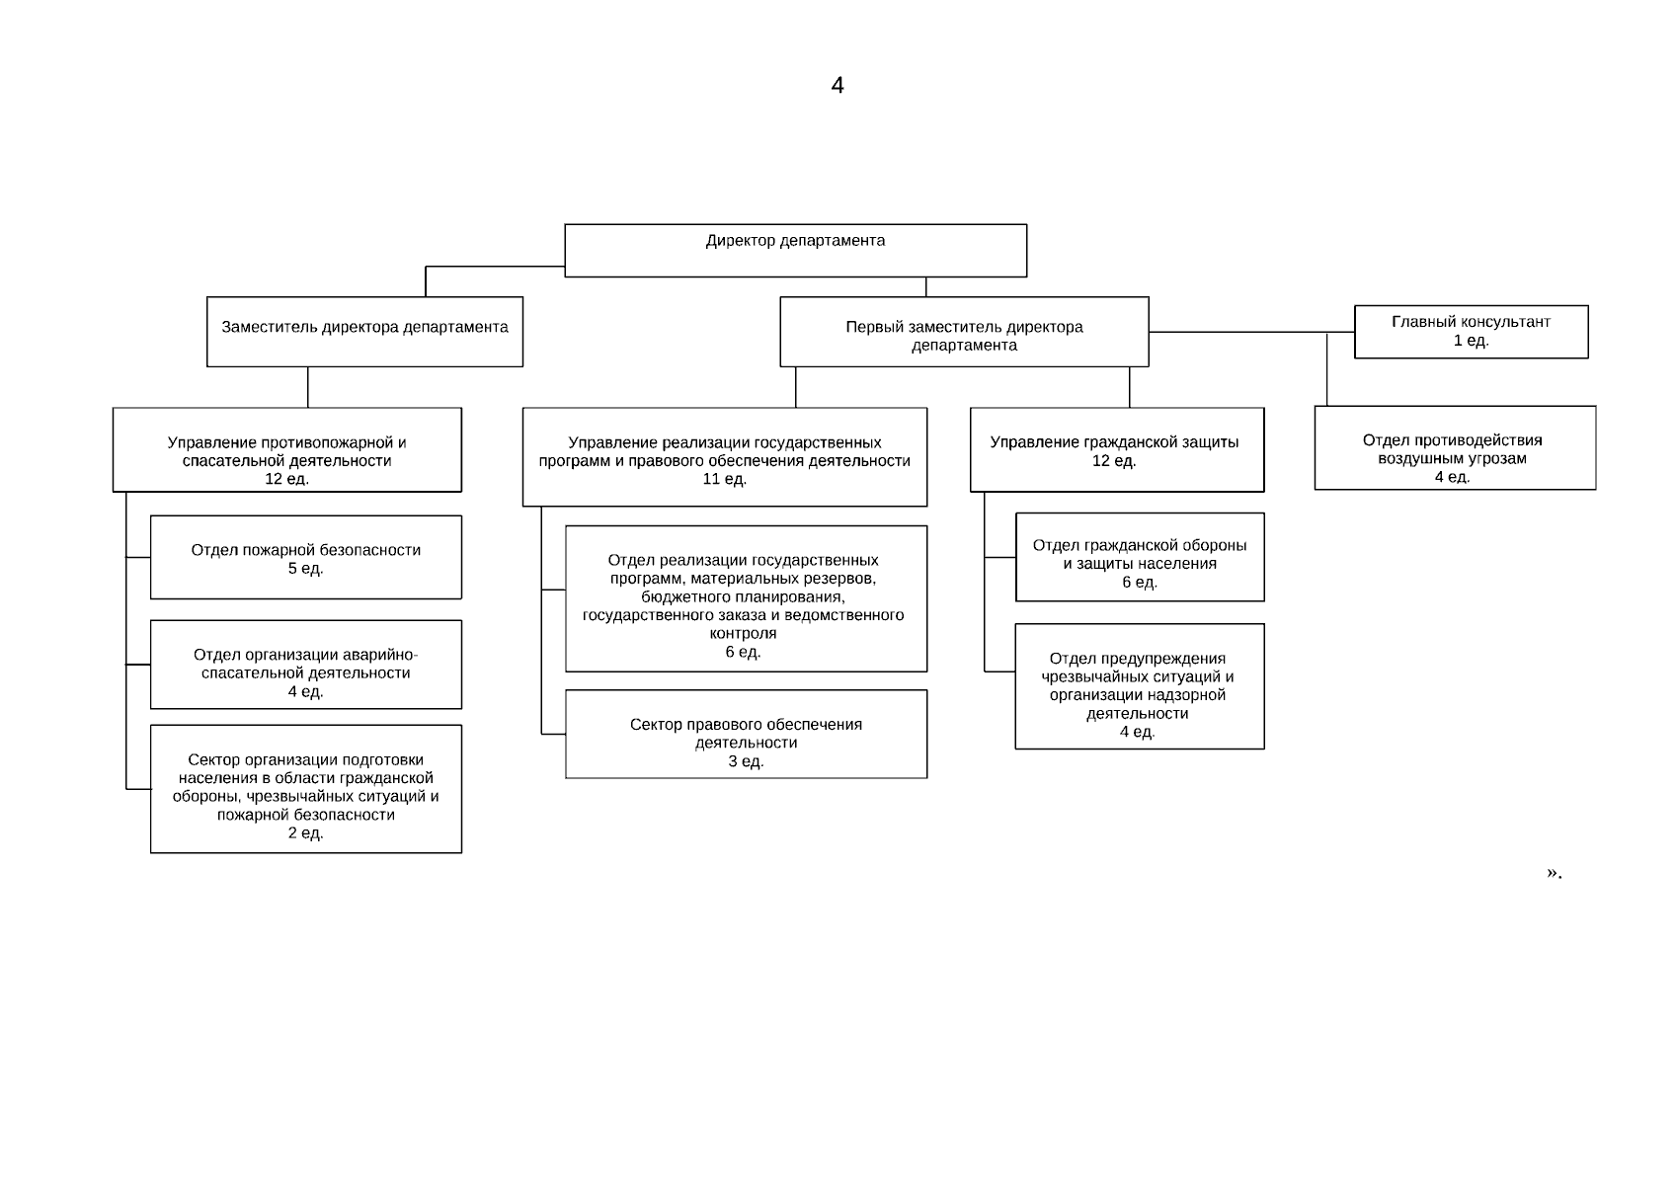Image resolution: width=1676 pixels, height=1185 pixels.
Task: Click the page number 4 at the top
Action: pos(838,85)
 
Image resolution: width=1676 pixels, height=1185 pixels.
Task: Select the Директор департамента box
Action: pos(795,251)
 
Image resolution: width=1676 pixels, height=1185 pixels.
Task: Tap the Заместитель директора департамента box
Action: pos(364,332)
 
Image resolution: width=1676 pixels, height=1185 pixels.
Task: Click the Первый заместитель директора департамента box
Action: pos(964,332)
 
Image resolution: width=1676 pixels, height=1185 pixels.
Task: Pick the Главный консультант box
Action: pos(1471,332)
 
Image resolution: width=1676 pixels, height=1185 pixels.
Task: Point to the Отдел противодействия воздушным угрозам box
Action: pos(1456,448)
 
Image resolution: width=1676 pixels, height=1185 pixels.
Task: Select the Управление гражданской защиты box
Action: pos(1117,449)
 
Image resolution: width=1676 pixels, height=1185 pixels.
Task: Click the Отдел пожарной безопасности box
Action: pos(306,557)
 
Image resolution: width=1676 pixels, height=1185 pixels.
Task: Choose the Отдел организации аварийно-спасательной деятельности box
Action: pos(306,665)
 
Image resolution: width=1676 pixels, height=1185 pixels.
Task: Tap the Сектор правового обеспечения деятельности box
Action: pos(746,734)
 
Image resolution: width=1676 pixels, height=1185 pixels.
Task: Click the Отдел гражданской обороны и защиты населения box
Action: pos(1140,557)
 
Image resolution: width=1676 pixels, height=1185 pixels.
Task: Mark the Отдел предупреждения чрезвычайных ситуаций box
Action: pos(1140,686)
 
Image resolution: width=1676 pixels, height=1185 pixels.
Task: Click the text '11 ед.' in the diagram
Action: pos(724,479)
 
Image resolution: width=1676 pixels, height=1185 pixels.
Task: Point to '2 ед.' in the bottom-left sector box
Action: pos(306,832)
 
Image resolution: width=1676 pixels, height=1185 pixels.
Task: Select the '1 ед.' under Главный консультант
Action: pos(1471,341)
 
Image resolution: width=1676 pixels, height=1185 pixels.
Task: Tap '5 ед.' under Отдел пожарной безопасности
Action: pos(306,569)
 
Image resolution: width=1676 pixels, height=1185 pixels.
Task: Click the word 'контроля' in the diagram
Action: pos(743,634)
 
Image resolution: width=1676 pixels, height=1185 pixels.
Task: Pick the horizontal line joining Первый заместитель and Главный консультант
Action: pos(1251,332)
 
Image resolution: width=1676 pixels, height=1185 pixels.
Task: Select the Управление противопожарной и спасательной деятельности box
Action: pos(287,449)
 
